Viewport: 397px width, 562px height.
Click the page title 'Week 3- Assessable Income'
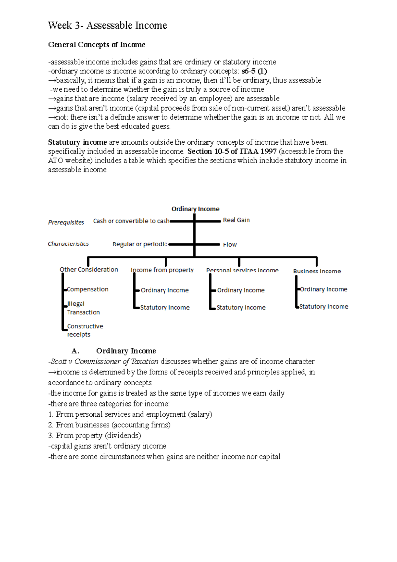(x=108, y=25)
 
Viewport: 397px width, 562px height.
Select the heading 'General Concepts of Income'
(x=97, y=45)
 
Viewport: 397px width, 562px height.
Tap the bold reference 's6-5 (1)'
(x=254, y=71)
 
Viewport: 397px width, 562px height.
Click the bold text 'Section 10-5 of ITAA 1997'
(x=232, y=152)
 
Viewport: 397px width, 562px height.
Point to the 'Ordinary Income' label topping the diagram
(x=195, y=209)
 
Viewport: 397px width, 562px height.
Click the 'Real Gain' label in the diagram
(x=236, y=220)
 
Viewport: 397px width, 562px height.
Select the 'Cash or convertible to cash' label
(x=131, y=221)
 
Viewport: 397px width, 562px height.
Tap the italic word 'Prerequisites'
(x=66, y=222)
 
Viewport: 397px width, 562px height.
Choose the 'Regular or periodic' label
(x=140, y=244)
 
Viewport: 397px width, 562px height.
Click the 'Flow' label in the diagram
(x=230, y=245)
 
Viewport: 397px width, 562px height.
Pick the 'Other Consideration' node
(x=89, y=269)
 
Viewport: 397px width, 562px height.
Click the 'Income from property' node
(x=162, y=270)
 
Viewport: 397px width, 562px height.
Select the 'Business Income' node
(x=317, y=271)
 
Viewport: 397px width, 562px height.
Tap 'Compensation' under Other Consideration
(x=88, y=289)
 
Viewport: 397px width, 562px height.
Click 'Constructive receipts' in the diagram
(x=85, y=330)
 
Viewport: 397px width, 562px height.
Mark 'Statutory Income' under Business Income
(x=324, y=307)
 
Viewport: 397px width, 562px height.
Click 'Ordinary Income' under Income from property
(x=164, y=290)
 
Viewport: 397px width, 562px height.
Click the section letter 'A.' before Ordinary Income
(x=75, y=351)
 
